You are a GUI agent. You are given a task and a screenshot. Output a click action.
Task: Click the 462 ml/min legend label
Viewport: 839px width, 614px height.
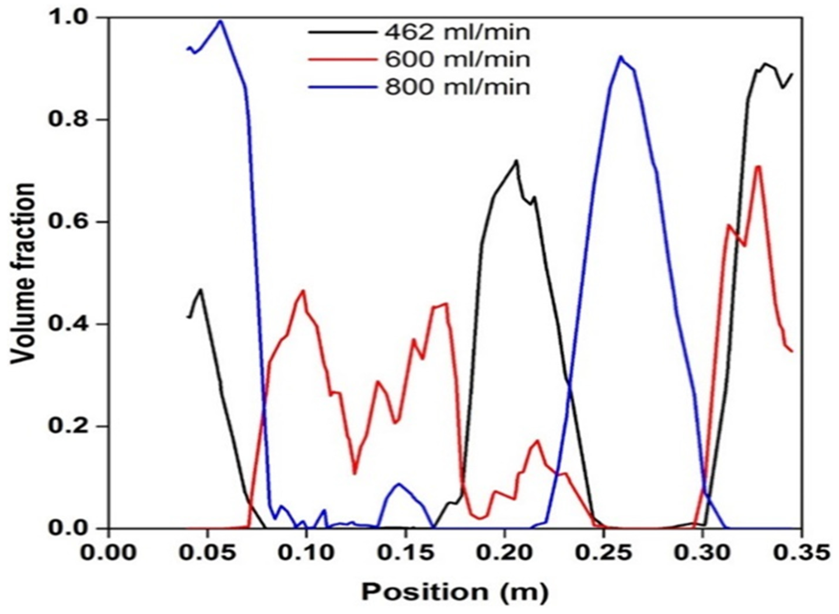pyautogui.click(x=457, y=33)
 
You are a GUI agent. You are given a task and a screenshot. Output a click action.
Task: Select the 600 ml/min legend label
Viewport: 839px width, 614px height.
pyautogui.click(x=457, y=59)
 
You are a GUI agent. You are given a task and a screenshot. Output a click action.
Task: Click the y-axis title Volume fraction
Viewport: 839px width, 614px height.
pyautogui.click(x=23, y=273)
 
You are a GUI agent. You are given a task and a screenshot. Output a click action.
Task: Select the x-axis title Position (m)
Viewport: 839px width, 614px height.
pyautogui.click(x=455, y=591)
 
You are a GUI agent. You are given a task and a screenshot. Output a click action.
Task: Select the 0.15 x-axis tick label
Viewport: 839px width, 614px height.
pyautogui.click(x=406, y=553)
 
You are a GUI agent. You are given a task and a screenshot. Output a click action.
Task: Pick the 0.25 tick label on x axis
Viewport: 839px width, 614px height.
pyautogui.click(x=603, y=553)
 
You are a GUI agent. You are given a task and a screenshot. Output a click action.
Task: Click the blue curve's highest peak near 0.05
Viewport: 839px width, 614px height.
pyautogui.click(x=221, y=21)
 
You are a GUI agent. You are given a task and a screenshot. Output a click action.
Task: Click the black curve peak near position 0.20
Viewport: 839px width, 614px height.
pyautogui.click(x=516, y=161)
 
